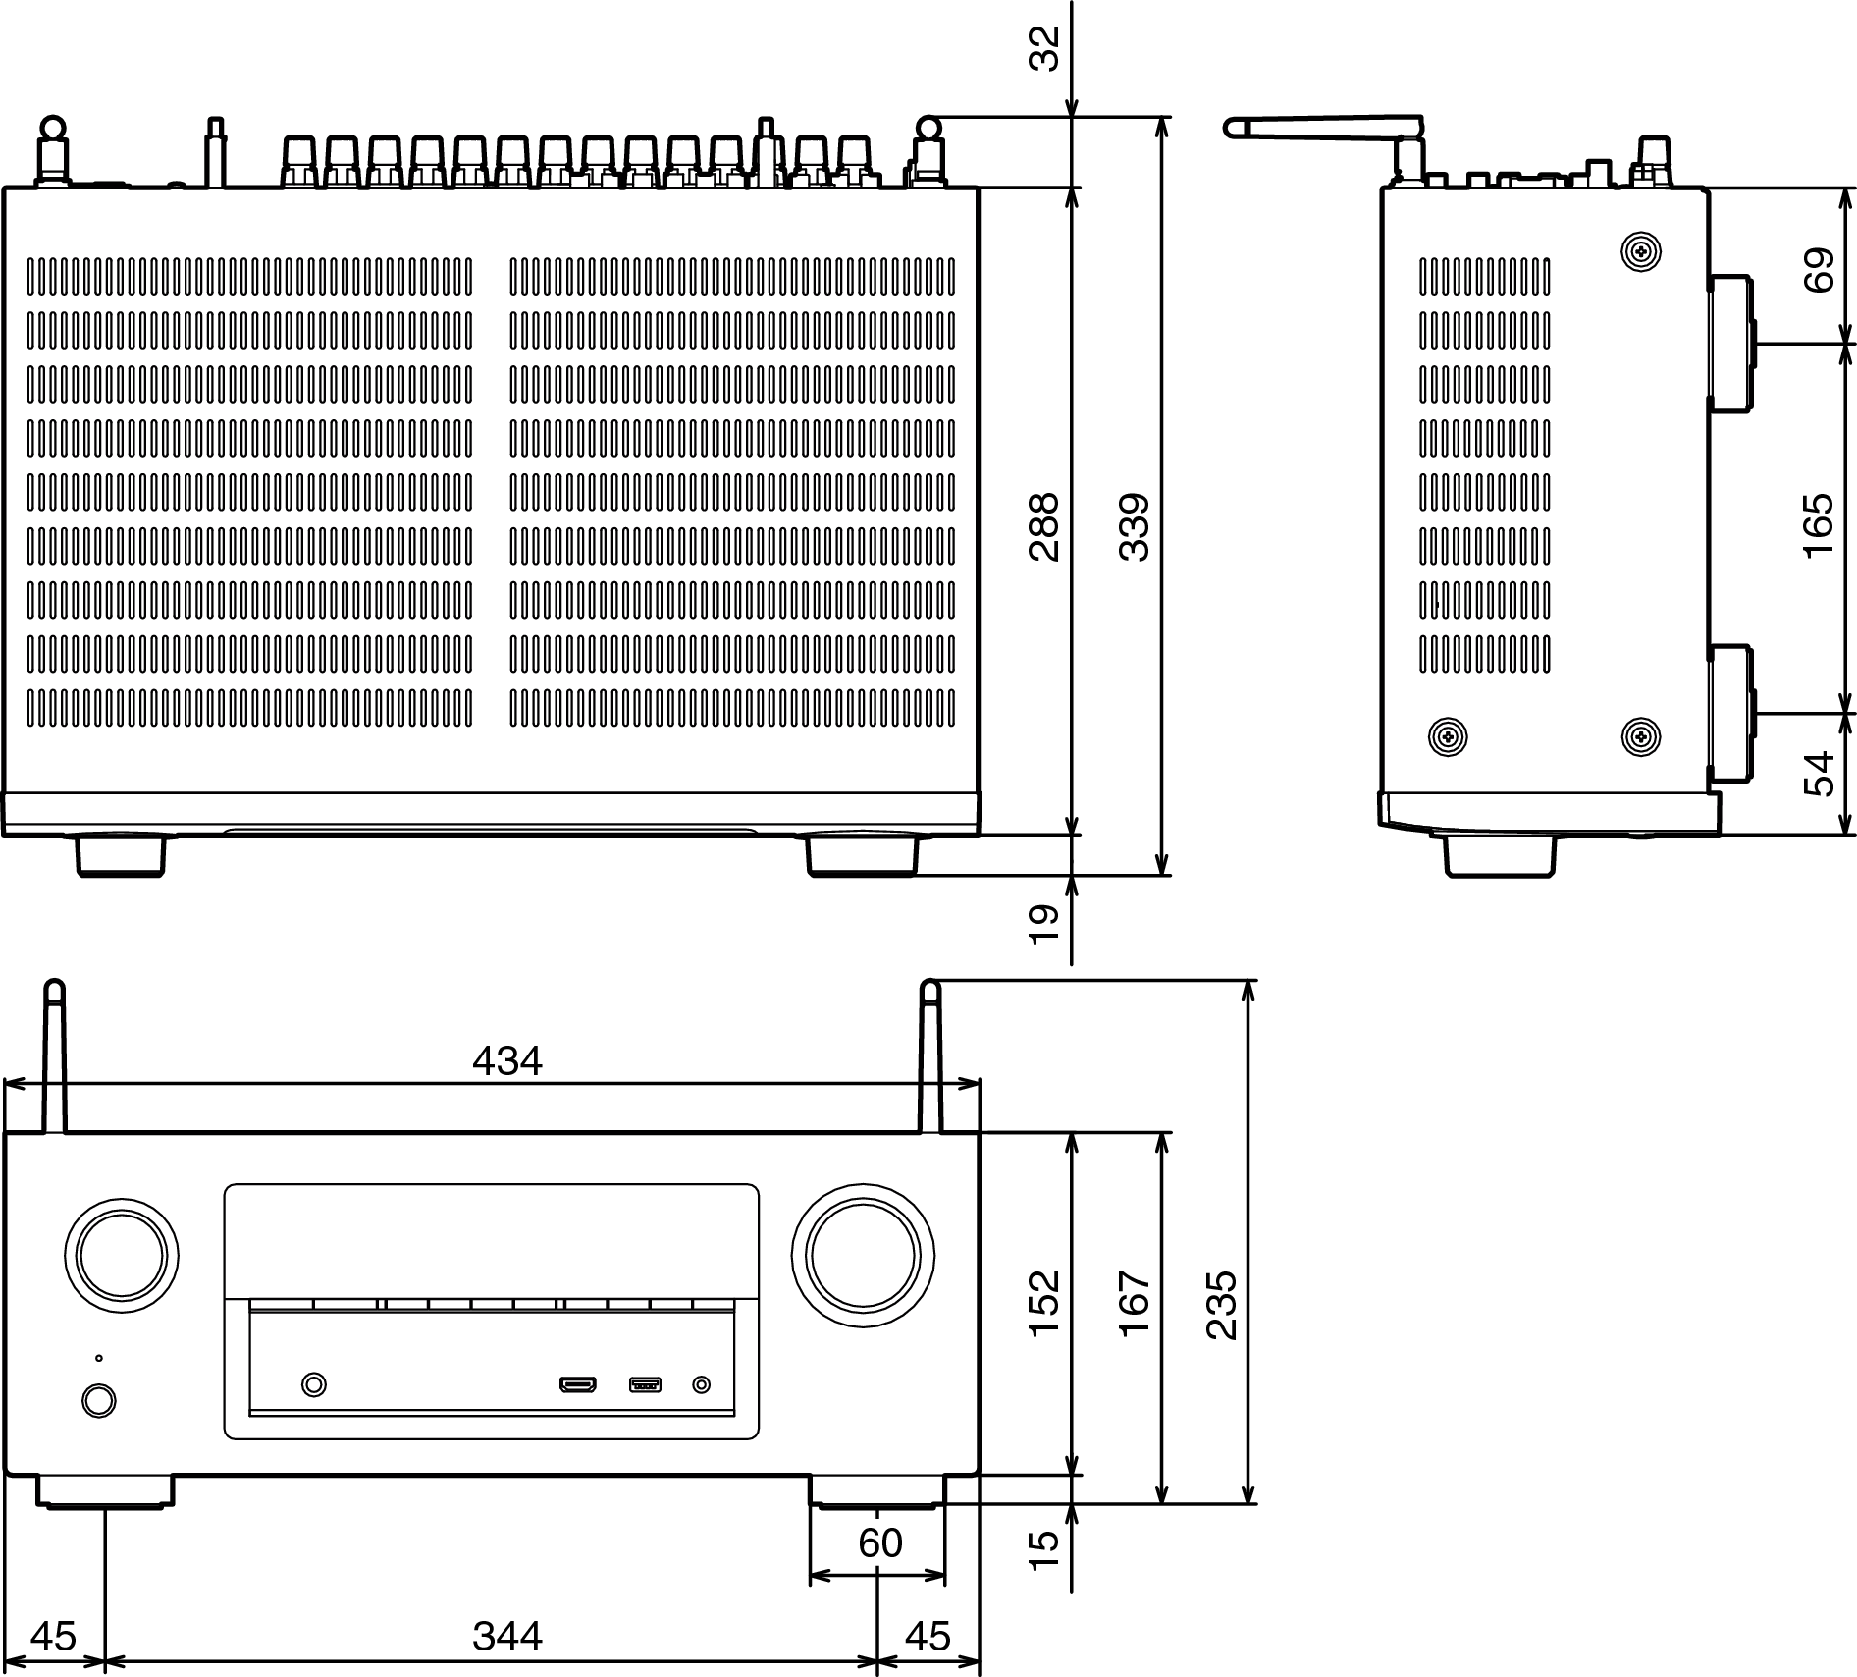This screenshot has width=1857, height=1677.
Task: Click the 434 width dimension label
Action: click(506, 1060)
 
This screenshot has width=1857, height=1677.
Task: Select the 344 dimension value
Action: click(506, 1637)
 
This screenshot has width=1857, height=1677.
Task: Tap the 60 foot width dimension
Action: click(879, 1543)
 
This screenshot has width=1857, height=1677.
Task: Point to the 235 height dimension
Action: click(1222, 1306)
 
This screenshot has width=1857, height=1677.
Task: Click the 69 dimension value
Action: click(1819, 270)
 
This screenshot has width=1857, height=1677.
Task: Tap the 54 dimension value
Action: click(1819, 773)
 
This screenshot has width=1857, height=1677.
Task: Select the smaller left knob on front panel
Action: click(122, 1260)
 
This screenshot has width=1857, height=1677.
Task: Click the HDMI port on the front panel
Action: click(578, 1385)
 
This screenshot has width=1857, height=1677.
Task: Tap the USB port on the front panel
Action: click(645, 1385)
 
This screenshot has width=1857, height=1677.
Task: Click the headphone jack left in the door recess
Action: click(313, 1384)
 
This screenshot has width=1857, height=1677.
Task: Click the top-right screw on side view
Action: click(1640, 253)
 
